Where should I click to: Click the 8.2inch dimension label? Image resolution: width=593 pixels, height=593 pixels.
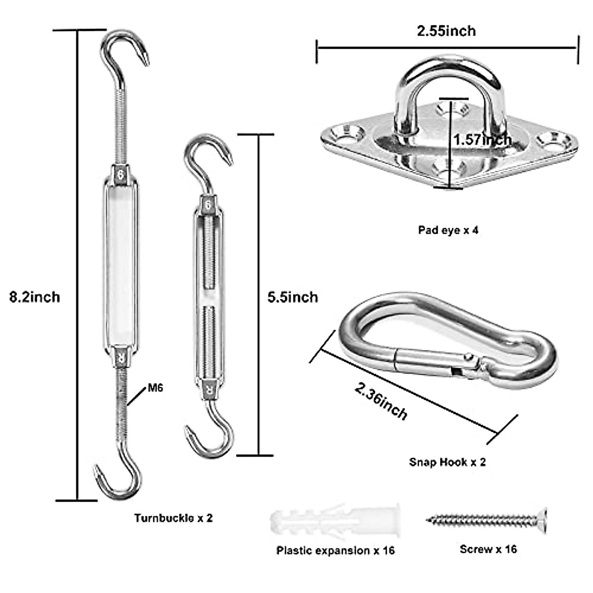pos(35,297)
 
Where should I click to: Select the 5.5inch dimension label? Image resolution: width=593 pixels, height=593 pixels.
pos(293,297)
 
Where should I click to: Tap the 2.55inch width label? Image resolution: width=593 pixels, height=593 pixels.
pos(446,31)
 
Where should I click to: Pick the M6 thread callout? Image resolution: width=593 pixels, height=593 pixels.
pos(155,388)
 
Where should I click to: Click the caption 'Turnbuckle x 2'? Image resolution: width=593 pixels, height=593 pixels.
pos(173,518)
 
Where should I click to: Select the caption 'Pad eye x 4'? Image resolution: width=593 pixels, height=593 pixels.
pos(448,230)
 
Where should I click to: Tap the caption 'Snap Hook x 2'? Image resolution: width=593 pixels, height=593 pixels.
pos(447,462)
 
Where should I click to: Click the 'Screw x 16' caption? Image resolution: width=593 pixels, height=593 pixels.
pos(488,549)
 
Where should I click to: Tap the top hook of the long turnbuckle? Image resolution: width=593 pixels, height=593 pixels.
pos(126,49)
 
